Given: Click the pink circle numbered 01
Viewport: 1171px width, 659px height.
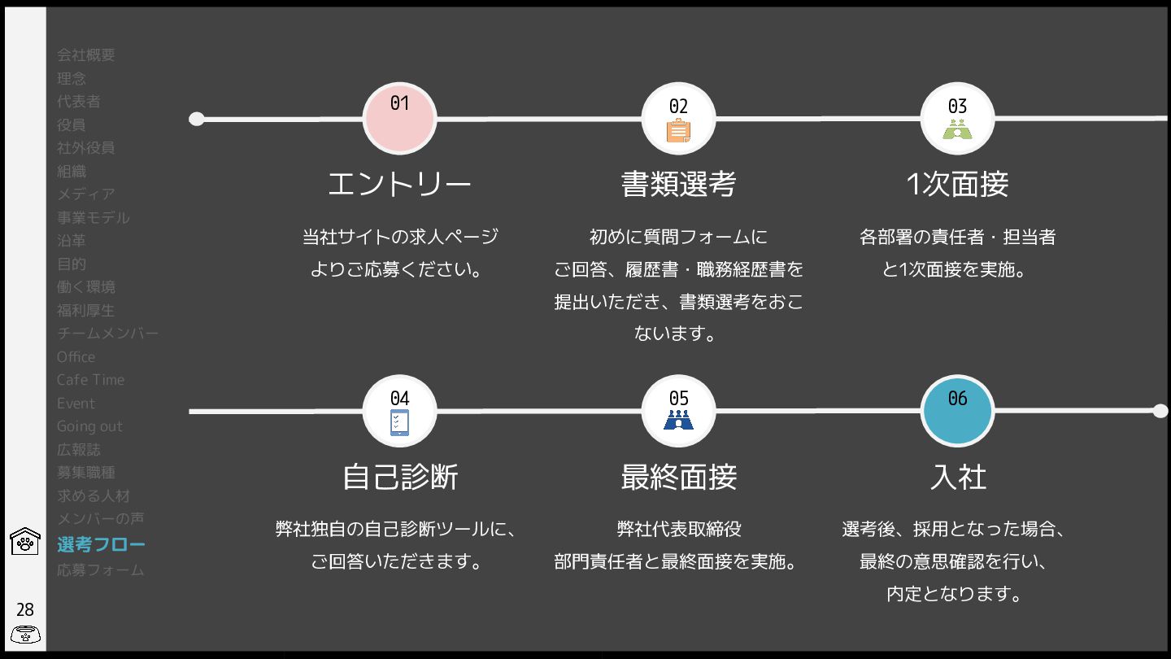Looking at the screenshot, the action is [x=399, y=119].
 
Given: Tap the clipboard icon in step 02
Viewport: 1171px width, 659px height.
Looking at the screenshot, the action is [x=678, y=130].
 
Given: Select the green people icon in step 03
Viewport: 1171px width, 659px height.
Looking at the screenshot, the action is [x=957, y=129].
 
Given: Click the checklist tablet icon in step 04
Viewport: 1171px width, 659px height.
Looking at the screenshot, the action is [x=399, y=422].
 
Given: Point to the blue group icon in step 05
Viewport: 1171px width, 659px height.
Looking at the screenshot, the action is [x=678, y=420].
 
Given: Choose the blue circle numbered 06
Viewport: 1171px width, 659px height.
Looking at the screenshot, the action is [x=957, y=411].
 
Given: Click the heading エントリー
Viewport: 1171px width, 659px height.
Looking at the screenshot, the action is [x=399, y=185].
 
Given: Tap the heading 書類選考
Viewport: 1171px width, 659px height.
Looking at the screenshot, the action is [x=678, y=185].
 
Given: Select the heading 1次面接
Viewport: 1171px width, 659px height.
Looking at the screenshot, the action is [x=957, y=185].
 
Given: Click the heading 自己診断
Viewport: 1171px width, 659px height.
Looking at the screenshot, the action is [x=399, y=477].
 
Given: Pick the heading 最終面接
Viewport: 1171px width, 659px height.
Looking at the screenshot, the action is [x=678, y=477].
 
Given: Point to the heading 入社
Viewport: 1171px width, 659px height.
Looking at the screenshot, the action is [x=957, y=477].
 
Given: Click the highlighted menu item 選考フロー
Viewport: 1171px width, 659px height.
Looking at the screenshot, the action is [x=101, y=544].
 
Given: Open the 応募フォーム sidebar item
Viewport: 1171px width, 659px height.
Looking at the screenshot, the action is [x=100, y=570].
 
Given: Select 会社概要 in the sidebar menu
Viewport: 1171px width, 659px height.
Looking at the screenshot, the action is [x=86, y=55].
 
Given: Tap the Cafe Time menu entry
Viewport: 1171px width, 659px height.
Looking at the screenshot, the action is [x=90, y=380].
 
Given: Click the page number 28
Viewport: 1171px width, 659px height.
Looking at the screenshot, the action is [x=25, y=609].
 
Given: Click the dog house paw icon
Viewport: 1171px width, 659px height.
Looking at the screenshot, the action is [x=25, y=541].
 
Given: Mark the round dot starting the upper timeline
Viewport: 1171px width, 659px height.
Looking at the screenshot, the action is [x=196, y=120].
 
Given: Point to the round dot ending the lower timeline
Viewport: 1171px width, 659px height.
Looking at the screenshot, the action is [x=1160, y=411].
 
